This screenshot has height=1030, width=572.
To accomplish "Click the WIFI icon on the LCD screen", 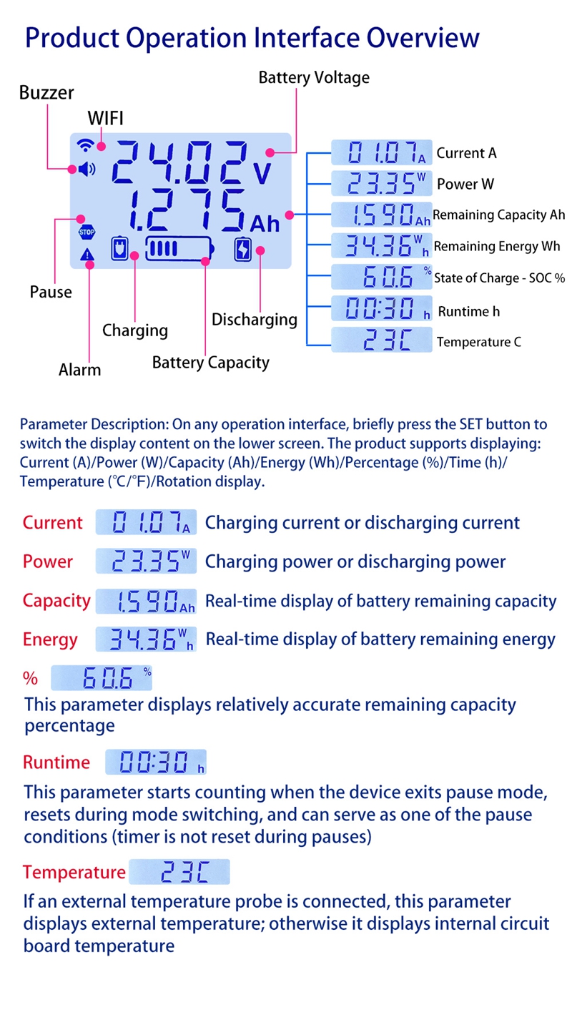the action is pos(85,145).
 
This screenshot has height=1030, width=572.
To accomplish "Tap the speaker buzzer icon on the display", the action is pos(87,170).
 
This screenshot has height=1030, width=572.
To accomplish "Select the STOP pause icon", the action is pos(87,232).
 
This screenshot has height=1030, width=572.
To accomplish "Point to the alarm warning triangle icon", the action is pos(87,255).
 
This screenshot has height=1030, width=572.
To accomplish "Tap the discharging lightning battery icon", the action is pos(243,249).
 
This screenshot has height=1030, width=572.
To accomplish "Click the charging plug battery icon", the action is pos(119,249).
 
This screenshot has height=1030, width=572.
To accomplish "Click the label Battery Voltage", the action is pos(314,78).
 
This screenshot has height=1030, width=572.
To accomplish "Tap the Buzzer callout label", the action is pos(46,93).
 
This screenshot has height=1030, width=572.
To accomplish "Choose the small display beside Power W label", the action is pos(382,183).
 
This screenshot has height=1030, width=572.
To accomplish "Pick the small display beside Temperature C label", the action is pos(382,340).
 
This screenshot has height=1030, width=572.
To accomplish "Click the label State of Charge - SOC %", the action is pos(499,278).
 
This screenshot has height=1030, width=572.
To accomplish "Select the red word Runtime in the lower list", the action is pos(56,762).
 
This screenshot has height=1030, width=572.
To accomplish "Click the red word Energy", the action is pos(50,639).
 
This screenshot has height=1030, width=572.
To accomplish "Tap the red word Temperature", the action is pos(74,873).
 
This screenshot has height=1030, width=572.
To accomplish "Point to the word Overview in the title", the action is pos(423,38).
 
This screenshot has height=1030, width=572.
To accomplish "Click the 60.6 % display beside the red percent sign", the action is pos(102,678).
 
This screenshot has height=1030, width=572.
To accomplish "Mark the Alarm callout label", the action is pos(79,370).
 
